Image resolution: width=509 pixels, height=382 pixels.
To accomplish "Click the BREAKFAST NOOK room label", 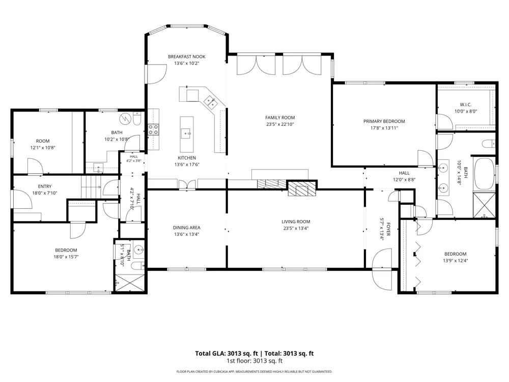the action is [x=187, y=57].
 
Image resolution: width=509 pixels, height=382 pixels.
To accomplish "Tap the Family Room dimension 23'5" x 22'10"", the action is [x=280, y=124].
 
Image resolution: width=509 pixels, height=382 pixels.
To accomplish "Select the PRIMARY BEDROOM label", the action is [x=384, y=121].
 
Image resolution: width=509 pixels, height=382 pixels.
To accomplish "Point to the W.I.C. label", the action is [x=466, y=104].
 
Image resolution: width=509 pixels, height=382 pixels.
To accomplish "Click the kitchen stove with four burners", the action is [x=154, y=129].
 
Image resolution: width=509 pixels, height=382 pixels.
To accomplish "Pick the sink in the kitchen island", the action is [x=186, y=133].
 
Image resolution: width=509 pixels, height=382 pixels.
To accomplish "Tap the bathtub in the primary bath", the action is [x=484, y=174].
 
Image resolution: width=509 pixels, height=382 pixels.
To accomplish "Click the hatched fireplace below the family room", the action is [x=302, y=188].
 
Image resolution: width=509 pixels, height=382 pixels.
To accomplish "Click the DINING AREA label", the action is [x=187, y=228].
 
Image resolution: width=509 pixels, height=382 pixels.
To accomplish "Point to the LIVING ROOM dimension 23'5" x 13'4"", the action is [x=296, y=228].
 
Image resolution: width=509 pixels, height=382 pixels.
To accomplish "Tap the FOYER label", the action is [x=388, y=229].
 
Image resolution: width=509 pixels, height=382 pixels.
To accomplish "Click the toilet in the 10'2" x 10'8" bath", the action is [x=136, y=119].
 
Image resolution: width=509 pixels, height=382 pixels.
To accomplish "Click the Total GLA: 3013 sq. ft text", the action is [x=227, y=353].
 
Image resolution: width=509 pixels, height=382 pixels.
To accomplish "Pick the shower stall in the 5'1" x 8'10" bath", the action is [x=130, y=283].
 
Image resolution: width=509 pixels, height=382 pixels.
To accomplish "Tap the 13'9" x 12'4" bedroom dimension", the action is [x=456, y=260].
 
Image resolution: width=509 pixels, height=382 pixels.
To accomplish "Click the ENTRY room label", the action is [x=44, y=186].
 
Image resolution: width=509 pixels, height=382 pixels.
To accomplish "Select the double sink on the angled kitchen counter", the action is [x=210, y=102].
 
